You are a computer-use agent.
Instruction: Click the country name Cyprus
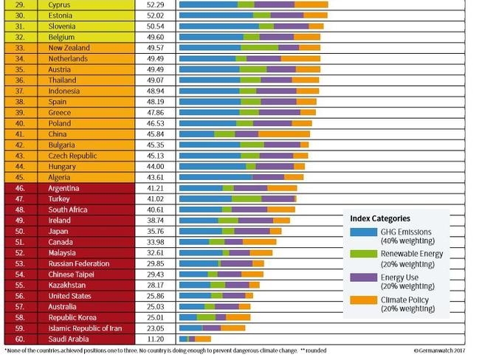pyautogui.click(x=59, y=4)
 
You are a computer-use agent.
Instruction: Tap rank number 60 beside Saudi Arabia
pyautogui.click(x=20, y=339)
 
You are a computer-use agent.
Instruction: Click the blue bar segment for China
pyautogui.click(x=197, y=134)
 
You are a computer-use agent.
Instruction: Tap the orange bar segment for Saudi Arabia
pyautogui.click(x=203, y=339)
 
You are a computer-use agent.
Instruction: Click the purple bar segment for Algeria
pyautogui.click(x=268, y=177)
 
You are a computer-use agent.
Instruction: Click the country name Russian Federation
pyautogui.click(x=79, y=263)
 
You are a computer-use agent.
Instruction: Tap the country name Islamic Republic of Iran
pyautogui.click(x=83, y=328)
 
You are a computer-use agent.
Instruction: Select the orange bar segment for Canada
pyautogui.click(x=259, y=241)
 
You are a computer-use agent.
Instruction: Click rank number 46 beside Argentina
pyautogui.click(x=20, y=188)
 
